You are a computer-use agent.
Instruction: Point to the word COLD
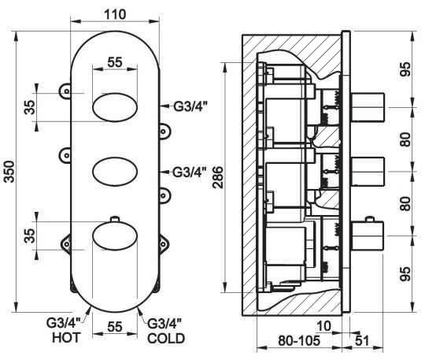coord(166,339)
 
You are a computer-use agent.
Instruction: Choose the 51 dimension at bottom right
coord(363,341)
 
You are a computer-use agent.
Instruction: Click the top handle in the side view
coord(367,102)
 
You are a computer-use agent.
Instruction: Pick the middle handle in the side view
coord(367,168)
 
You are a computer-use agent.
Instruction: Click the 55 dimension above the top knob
coord(115,61)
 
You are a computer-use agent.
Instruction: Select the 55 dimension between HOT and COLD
coord(115,325)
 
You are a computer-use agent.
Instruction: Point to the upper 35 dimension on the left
coord(28,107)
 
